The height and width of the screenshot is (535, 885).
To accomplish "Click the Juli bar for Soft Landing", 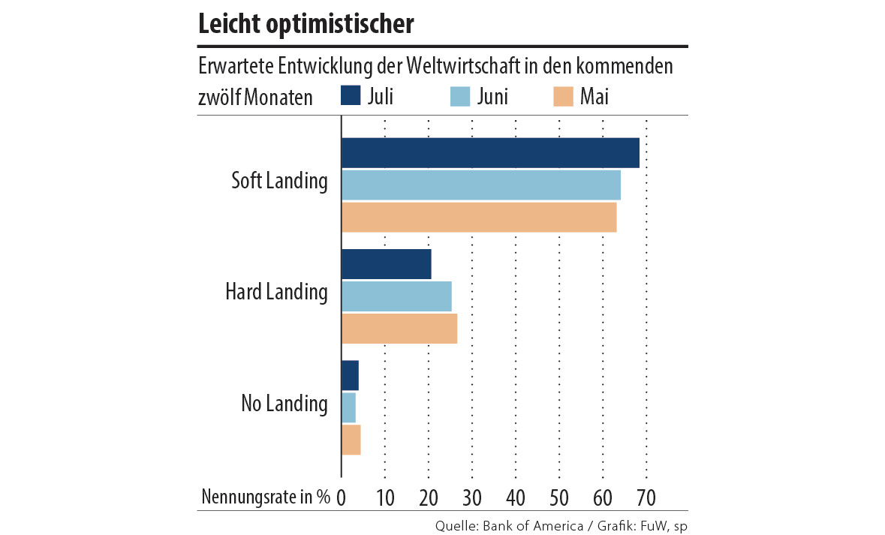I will (490, 153).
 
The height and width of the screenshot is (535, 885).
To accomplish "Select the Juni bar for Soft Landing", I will (480, 185).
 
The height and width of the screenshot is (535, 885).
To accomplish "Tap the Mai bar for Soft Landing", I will (478, 218).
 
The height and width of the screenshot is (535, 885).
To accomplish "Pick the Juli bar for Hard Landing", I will (386, 264).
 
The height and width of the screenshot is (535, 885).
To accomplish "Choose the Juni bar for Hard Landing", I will (396, 296).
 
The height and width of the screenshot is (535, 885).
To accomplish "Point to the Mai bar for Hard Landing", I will (399, 329).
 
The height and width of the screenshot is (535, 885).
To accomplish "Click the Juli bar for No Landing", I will (350, 375).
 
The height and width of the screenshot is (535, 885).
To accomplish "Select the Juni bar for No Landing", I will (348, 407).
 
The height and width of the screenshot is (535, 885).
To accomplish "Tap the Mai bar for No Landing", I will (351, 440).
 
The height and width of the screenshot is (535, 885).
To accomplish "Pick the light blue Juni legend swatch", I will (459, 96).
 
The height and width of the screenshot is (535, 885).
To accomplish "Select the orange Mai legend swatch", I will (563, 96).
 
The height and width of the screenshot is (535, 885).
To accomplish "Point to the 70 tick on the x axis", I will (646, 497).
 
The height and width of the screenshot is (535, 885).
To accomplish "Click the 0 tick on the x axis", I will (342, 497).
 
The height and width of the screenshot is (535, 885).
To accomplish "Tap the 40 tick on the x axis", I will (515, 497).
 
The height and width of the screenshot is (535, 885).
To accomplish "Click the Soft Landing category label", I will (279, 182).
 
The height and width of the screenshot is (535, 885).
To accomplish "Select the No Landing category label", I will (284, 404).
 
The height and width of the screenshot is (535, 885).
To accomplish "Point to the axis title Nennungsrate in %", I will (266, 497).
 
